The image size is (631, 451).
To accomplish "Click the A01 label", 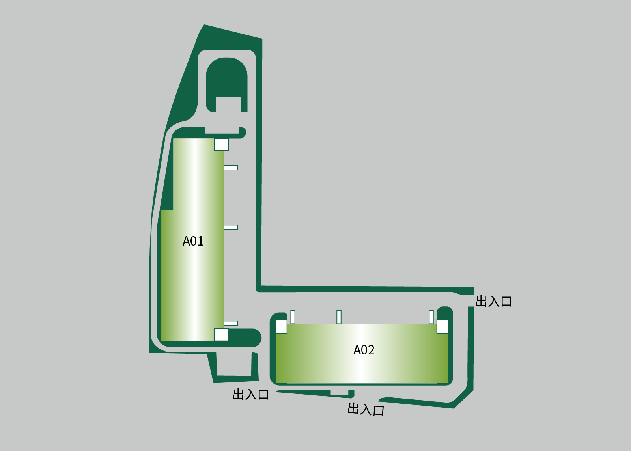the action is (x=193, y=241).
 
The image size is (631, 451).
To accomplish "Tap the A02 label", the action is (x=364, y=350).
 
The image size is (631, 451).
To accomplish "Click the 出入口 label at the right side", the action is (x=493, y=302).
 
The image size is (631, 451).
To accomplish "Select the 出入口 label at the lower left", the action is (x=251, y=394).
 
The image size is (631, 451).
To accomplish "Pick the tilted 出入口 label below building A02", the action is (x=366, y=409).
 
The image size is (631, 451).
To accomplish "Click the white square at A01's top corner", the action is (x=221, y=144).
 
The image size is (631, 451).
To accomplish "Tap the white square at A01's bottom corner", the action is (x=221, y=335).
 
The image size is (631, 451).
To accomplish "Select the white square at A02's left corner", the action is (x=282, y=326).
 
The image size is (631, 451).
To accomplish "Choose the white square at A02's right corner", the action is (x=442, y=326).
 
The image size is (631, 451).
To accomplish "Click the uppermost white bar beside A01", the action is (x=231, y=168).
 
